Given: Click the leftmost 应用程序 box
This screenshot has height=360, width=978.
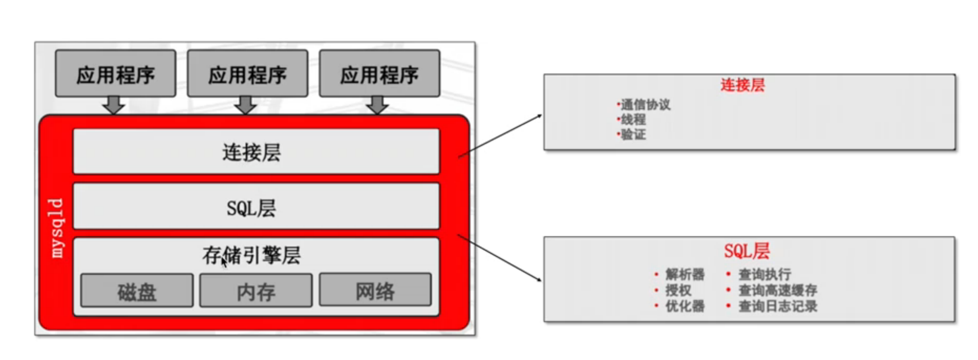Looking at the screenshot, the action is pyautogui.click(x=115, y=74).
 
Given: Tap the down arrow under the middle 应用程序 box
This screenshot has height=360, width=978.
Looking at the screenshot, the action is pyautogui.click(x=245, y=105).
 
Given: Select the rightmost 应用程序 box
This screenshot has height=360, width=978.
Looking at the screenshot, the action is pyautogui.click(x=379, y=74).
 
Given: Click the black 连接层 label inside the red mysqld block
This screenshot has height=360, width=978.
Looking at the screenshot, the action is pyautogui.click(x=252, y=153).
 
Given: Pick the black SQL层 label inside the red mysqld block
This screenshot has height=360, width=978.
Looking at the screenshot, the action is pyautogui.click(x=251, y=208).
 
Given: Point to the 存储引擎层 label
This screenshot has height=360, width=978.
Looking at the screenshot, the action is pyautogui.click(x=251, y=256).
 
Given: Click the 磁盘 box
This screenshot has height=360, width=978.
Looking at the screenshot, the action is pyautogui.click(x=137, y=291).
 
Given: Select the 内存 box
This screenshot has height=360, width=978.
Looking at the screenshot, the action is pyautogui.click(x=256, y=291).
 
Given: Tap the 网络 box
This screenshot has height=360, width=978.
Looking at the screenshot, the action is pyautogui.click(x=375, y=290).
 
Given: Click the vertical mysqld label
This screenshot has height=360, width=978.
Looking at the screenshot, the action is pyautogui.click(x=56, y=227).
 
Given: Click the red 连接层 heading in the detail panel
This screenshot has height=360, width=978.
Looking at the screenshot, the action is pyautogui.click(x=742, y=85).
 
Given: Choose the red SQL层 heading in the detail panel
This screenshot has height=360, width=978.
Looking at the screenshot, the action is pyautogui.click(x=746, y=251).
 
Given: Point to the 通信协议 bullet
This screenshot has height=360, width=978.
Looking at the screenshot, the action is pyautogui.click(x=645, y=104).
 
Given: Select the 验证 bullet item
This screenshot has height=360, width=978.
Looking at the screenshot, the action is pyautogui.click(x=633, y=135).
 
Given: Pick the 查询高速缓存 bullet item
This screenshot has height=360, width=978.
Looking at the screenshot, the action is pyautogui.click(x=777, y=290).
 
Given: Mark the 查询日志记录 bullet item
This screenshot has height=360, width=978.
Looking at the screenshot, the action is pyautogui.click(x=777, y=306).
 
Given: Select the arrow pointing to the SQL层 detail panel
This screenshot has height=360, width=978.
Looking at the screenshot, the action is pyautogui.click(x=500, y=258).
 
